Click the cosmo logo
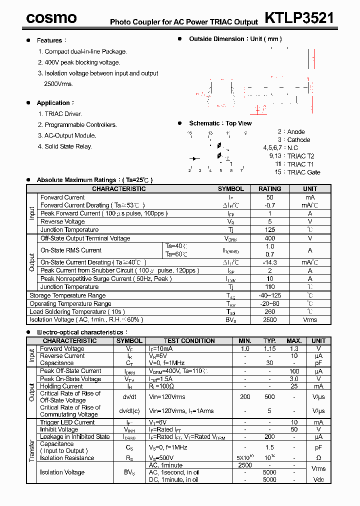(x=51, y=18)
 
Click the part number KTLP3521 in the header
(x=299, y=18)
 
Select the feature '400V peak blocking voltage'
(x=82, y=62)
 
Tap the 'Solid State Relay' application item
(x=68, y=146)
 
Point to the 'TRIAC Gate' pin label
(x=303, y=172)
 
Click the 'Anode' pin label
(x=296, y=132)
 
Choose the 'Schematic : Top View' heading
(x=220, y=123)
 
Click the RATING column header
(x=269, y=189)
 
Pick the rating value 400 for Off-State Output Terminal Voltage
(x=269, y=238)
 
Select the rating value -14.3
(x=269, y=262)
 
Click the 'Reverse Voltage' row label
(x=62, y=221)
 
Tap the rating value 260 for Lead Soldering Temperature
(x=269, y=311)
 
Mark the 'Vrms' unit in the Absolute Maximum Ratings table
(x=310, y=320)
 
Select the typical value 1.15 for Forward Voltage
(x=269, y=348)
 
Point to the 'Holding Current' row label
(x=61, y=386)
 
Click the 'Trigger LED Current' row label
(x=67, y=422)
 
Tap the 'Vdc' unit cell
(x=318, y=480)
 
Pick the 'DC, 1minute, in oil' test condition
(x=173, y=480)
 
